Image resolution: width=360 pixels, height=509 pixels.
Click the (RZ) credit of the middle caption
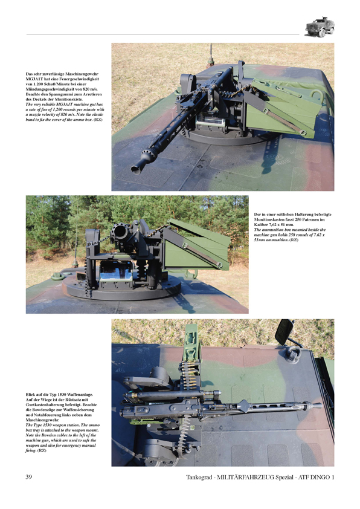tap(294, 241)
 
